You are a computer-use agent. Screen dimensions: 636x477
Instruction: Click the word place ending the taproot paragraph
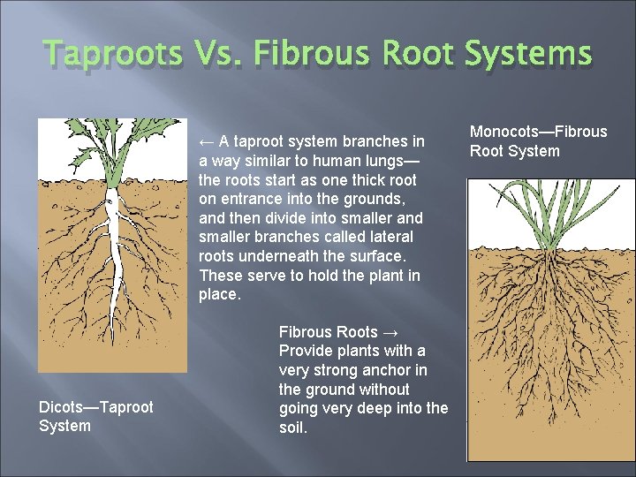[219, 294]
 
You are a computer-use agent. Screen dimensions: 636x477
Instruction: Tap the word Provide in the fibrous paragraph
[304, 352]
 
